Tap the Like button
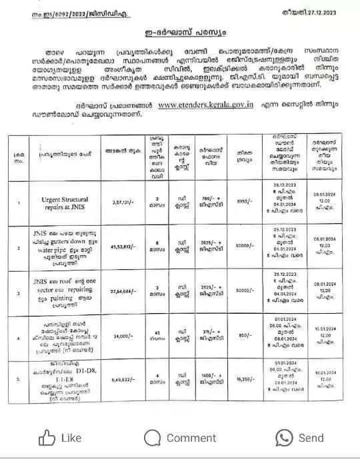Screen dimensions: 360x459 61,438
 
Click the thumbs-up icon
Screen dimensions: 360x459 46,437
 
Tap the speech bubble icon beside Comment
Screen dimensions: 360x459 153,438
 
